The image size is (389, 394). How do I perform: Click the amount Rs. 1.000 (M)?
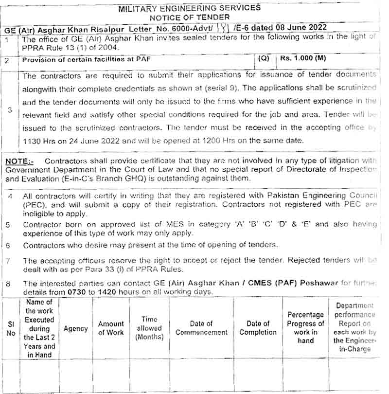tap(302, 58)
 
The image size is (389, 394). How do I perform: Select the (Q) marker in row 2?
tap(264, 58)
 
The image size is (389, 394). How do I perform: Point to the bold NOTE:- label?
tap(20, 161)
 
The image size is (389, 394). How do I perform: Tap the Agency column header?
tap(76, 328)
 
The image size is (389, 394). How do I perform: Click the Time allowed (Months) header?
tap(149, 328)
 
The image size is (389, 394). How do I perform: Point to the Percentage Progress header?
tap(305, 328)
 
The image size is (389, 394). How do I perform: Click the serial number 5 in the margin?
tap(8, 225)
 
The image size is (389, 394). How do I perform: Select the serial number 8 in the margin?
tap(8, 284)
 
